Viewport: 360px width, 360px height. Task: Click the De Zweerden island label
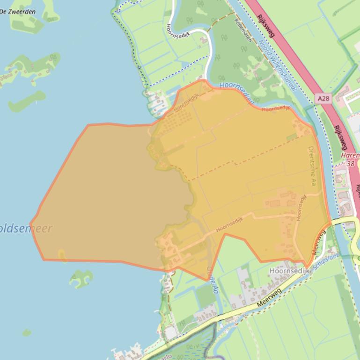(18, 12)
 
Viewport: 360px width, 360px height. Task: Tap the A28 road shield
(323, 99)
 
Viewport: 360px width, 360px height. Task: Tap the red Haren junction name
(351, 155)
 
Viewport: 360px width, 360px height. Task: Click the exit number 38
(351, 164)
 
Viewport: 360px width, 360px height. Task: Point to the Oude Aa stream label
(212, 280)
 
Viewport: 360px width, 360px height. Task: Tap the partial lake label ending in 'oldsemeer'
(26, 229)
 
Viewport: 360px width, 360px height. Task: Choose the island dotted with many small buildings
(28, 68)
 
